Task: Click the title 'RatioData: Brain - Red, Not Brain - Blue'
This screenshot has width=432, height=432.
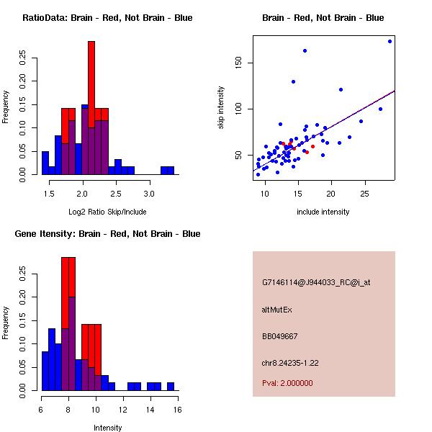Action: [x=107, y=18]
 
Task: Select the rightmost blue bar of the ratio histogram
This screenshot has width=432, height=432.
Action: [x=171, y=171]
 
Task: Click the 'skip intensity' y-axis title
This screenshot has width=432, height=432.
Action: [x=222, y=108]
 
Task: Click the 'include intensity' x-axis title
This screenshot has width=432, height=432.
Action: [x=323, y=212]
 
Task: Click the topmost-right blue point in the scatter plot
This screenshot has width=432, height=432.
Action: [x=390, y=41]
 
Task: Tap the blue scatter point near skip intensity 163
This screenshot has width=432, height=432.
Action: [x=305, y=50]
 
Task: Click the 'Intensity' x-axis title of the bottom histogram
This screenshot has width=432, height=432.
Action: [x=108, y=428]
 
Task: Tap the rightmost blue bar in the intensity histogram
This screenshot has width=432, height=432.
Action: [x=171, y=387]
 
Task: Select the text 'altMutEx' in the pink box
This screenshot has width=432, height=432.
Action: [x=277, y=310]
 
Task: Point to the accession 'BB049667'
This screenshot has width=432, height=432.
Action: [x=280, y=336]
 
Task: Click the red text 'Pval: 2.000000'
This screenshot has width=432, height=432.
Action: [x=287, y=383]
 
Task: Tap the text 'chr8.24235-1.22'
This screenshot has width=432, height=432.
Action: [x=290, y=362]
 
